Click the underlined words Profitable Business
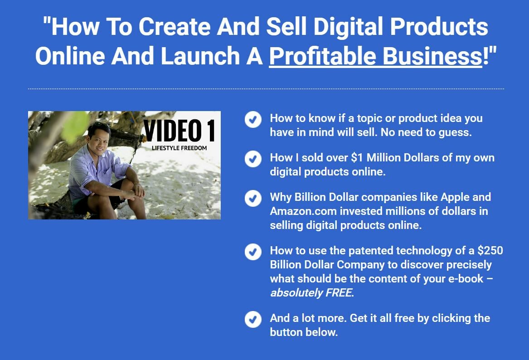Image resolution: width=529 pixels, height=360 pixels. (x=375, y=56)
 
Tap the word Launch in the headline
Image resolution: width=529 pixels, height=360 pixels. (x=200, y=56)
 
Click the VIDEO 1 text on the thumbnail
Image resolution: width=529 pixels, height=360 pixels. (x=179, y=131)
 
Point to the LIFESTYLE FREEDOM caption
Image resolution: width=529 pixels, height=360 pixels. (x=179, y=148)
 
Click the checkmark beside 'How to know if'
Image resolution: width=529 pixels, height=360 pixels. (x=253, y=119)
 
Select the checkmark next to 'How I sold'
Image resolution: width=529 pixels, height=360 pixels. (x=253, y=159)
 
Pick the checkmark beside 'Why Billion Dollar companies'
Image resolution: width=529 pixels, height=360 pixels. (x=253, y=199)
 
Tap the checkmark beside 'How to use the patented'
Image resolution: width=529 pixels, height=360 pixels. (x=253, y=252)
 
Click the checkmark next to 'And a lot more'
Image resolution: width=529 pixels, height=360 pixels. (x=253, y=319)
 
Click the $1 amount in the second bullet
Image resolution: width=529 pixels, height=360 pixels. (x=357, y=158)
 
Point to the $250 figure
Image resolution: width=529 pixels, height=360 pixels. (x=490, y=250)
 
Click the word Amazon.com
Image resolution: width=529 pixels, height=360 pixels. (x=303, y=211)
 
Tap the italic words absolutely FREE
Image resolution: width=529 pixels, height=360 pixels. (x=312, y=293)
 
